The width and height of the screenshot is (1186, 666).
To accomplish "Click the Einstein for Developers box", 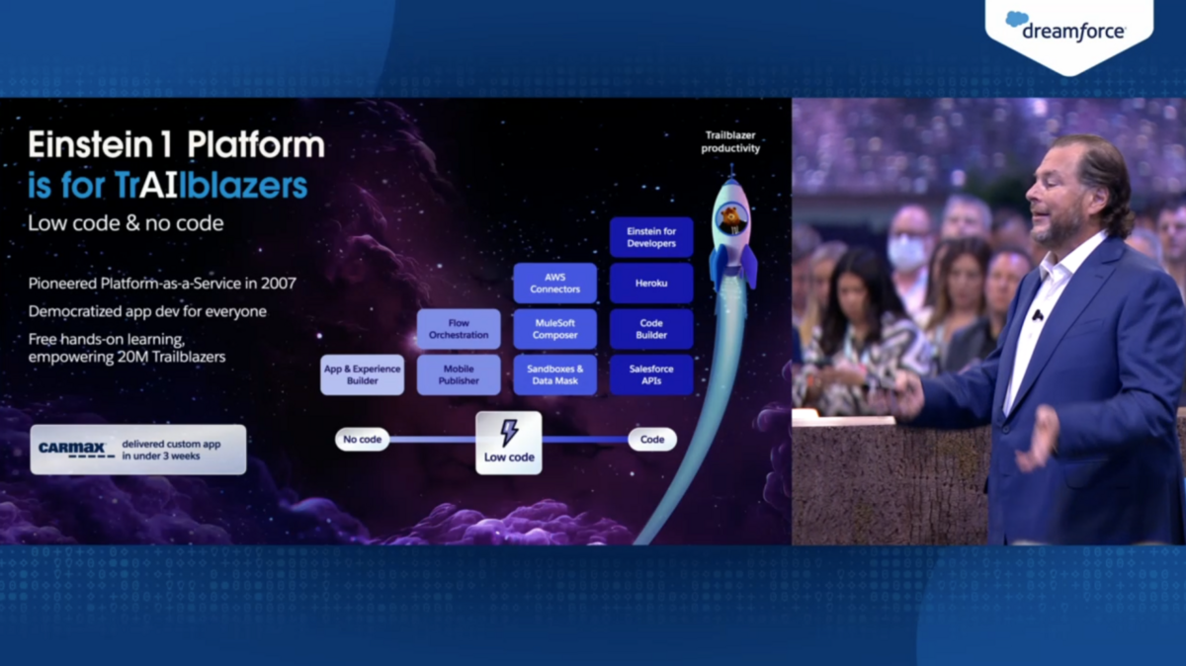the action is [x=651, y=237].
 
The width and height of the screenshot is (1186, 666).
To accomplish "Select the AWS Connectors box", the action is [x=554, y=284].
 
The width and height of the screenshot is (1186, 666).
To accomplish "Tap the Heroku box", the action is [x=651, y=284].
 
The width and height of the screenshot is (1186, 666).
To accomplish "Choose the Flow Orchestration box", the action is [x=459, y=329].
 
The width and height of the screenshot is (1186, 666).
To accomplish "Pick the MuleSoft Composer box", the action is [x=554, y=329].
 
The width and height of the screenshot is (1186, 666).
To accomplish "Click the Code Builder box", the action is [x=651, y=329].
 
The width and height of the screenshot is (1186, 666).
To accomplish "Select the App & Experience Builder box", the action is [x=362, y=375].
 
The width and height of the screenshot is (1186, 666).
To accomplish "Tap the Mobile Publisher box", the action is [x=459, y=375].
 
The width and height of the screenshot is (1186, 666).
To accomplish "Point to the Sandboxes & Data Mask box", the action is [x=554, y=375].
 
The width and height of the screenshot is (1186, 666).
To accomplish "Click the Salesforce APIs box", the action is [x=651, y=375].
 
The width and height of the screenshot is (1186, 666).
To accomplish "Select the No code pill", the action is [x=362, y=440].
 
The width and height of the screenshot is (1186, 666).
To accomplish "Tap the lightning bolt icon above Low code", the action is [x=509, y=433].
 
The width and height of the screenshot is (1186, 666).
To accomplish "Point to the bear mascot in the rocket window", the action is [x=732, y=218].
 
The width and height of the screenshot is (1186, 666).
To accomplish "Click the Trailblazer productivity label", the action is [x=730, y=142].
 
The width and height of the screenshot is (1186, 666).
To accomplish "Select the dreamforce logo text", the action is [x=1073, y=32].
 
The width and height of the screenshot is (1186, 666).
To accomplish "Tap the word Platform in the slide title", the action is [x=256, y=144].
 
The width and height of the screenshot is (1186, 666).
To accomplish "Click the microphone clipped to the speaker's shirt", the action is [x=1038, y=315].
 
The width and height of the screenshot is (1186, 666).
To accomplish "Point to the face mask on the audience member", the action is [x=906, y=252].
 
